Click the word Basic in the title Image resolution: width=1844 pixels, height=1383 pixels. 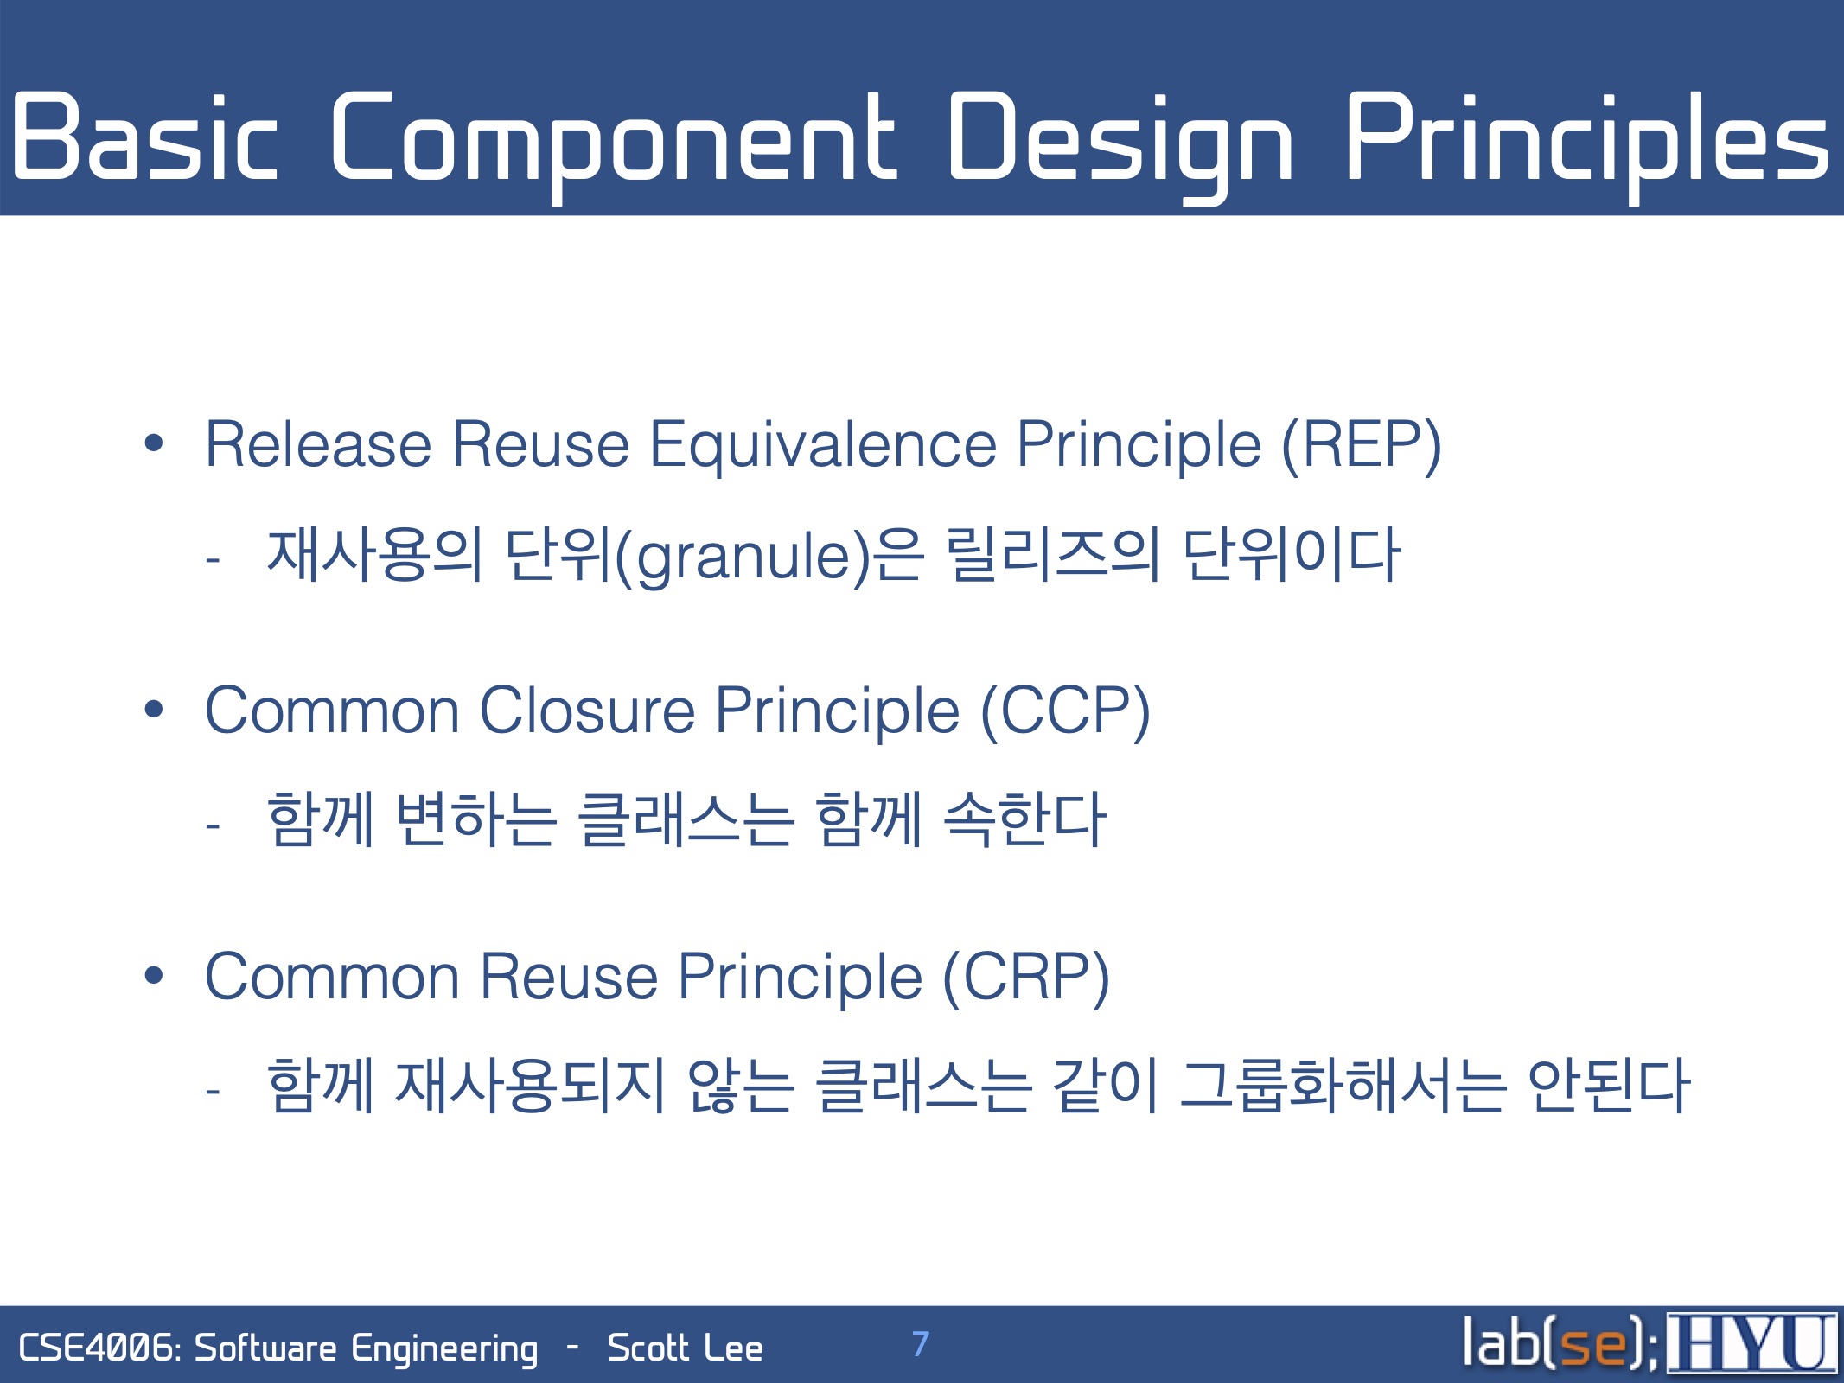pos(145,137)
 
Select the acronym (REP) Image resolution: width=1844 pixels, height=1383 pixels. pos(1362,446)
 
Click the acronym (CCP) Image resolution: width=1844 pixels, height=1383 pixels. pos(1065,711)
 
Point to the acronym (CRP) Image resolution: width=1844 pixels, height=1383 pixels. pos(1026,978)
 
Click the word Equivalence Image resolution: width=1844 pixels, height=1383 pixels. pos(823,446)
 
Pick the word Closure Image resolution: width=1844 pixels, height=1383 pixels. pos(587,711)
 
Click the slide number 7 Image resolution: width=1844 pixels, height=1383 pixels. pos(921,1343)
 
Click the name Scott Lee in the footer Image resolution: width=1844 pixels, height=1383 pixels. pos(686,1348)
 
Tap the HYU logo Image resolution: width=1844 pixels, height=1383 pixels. pos(1751,1342)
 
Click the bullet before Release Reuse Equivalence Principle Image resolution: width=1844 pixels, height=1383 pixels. pos(154,443)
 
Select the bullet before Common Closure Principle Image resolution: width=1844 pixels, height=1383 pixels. pos(154,710)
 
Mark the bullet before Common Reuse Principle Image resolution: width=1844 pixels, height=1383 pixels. pos(154,976)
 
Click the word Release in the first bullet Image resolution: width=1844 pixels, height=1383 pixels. pos(318,445)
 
